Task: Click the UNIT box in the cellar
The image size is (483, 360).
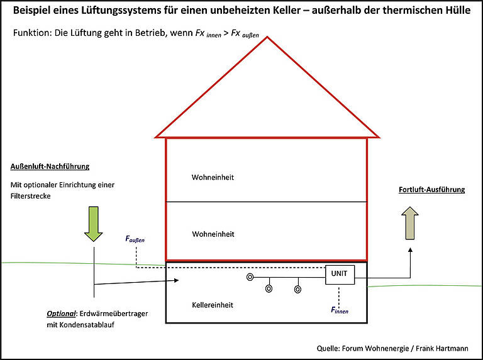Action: pos(340,273)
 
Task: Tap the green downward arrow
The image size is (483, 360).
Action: pos(94,224)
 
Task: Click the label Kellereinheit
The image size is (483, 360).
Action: pos(213,305)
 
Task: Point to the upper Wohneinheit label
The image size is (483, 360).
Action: pos(213,177)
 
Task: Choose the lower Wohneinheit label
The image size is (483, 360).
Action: pos(213,234)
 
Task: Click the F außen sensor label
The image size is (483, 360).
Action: pos(135,239)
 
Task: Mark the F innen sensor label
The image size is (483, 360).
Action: pos(340,310)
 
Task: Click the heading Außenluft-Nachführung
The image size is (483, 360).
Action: pos(50,166)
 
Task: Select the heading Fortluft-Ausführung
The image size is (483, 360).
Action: pos(431,190)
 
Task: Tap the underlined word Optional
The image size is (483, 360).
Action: pos(62,314)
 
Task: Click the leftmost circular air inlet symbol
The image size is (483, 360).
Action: pos(250,276)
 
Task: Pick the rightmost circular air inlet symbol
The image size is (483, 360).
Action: pos(297,290)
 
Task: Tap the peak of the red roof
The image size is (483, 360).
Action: pos(267,38)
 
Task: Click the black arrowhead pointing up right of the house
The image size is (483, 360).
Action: pos(411,251)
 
